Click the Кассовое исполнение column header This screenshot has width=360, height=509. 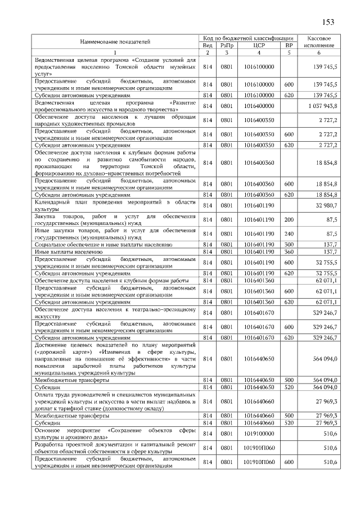tap(319, 41)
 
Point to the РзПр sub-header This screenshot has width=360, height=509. tap(226, 45)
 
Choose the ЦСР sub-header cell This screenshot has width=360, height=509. tap(259, 45)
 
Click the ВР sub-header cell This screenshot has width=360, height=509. tap(289, 45)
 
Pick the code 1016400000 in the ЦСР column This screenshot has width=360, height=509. tap(259, 106)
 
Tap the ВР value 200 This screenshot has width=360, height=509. tap(289, 220)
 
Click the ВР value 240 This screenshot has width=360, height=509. tap(289, 233)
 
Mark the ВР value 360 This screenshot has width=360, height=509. tap(289, 252)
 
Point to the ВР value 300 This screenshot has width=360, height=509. tap(289, 245)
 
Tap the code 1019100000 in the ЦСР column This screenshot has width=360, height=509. tap(259, 434)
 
